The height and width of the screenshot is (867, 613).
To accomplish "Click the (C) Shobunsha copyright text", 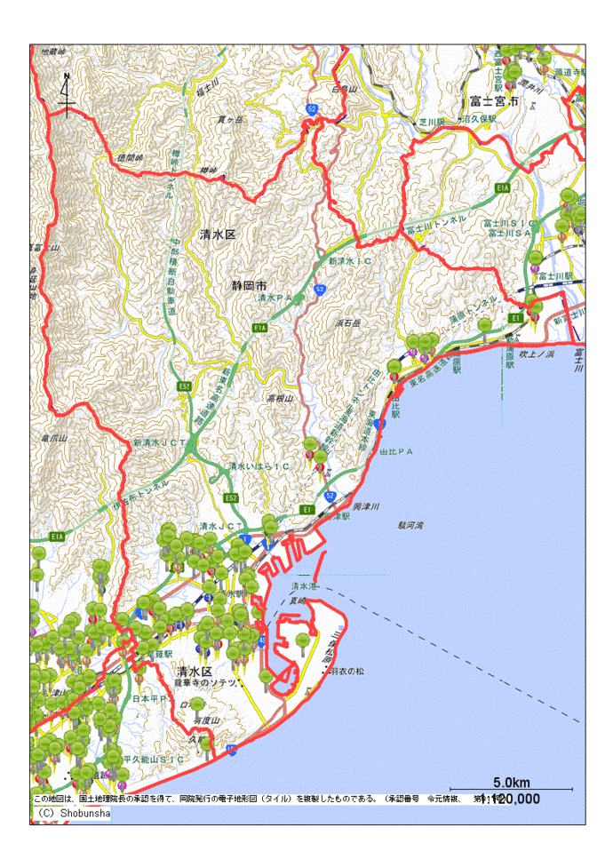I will pos(72,813).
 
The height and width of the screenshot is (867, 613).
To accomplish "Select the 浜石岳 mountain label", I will pos(346,324).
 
